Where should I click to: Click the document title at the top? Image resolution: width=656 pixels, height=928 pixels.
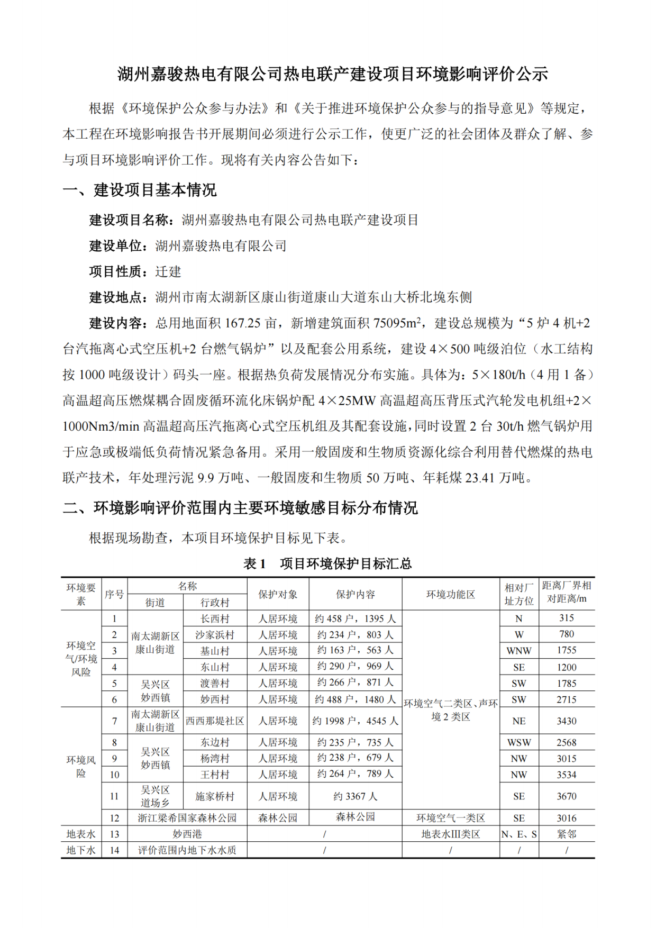[332, 74]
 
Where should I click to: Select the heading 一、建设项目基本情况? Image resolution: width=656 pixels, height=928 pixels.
[140, 190]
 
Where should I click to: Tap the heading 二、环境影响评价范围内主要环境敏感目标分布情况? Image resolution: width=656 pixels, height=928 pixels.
[240, 508]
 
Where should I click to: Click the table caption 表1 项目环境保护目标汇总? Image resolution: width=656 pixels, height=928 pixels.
[327, 563]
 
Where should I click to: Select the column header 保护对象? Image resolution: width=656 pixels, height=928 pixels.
[278, 594]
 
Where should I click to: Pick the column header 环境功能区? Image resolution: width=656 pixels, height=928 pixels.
[450, 594]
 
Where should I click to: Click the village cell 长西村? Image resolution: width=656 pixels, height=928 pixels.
[215, 618]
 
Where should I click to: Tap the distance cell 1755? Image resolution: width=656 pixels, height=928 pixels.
[567, 650]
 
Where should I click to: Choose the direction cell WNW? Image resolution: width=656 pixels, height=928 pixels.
[519, 651]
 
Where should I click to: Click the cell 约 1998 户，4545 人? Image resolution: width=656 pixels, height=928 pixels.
[356, 721]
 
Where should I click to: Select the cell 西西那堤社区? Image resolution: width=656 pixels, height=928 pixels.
[215, 721]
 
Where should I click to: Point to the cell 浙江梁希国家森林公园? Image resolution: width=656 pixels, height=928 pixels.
[187, 818]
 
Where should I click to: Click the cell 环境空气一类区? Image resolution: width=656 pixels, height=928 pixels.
[450, 818]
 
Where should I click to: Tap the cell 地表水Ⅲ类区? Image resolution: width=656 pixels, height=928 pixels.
[450, 834]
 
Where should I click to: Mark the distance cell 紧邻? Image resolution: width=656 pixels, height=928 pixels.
[567, 834]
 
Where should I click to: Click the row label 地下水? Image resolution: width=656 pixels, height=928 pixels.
[81, 850]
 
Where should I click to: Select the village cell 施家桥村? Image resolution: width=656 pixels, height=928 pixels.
[215, 796]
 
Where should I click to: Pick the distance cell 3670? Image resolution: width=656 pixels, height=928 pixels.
[567, 796]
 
